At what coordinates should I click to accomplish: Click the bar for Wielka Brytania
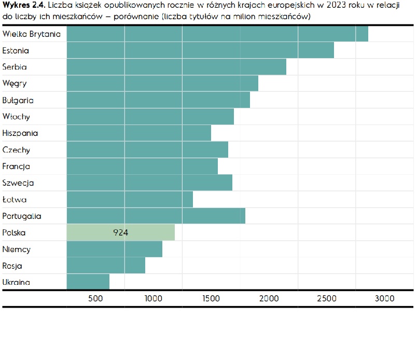coord(217,34)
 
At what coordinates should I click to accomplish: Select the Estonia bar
coord(200,50)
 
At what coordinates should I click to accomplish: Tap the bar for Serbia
coord(176,67)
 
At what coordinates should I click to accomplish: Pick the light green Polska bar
coord(121,232)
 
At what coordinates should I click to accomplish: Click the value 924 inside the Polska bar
coord(121,232)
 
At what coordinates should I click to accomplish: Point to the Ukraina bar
coord(88,282)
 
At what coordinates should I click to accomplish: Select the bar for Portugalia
coord(156,216)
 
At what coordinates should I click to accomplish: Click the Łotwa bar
coord(130,199)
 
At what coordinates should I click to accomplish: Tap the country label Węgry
coord(15,84)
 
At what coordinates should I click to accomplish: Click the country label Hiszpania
coord(20,133)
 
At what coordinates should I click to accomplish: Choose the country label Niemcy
coord(17,250)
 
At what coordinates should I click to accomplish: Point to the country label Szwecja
coord(18,183)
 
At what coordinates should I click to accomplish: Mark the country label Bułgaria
coord(18,100)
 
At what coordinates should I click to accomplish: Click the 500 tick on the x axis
coord(95,298)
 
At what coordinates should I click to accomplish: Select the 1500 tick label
coord(211,298)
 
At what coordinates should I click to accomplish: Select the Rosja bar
coord(106,266)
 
